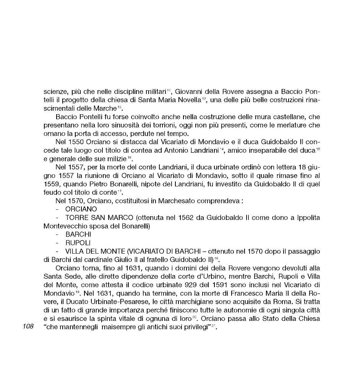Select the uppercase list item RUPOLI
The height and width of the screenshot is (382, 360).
[76, 243]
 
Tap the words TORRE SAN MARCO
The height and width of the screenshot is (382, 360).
[99, 217]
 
